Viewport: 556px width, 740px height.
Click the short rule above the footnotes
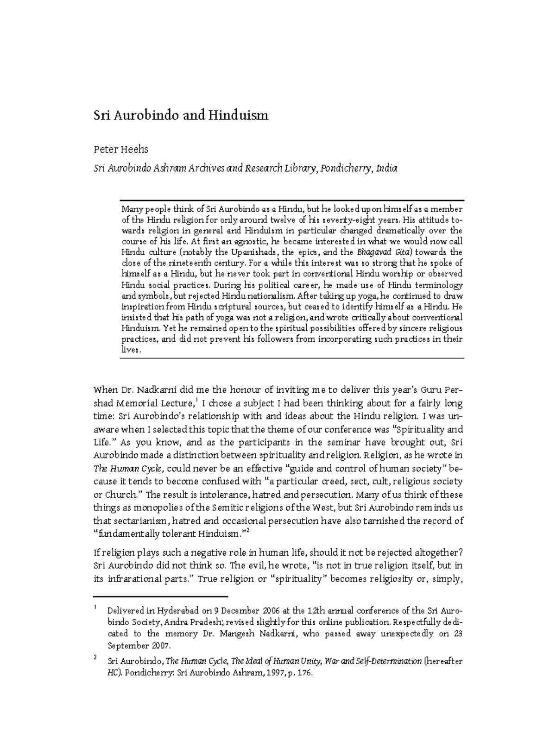point(161,597)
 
